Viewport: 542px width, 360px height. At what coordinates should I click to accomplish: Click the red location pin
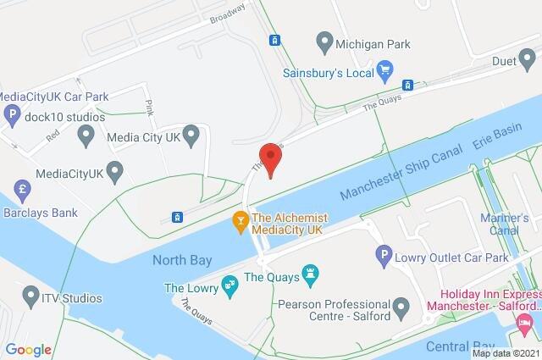click(x=269, y=158)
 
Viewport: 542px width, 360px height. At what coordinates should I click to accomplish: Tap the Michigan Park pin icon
click(x=323, y=41)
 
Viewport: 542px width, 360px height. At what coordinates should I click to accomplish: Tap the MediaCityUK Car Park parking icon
click(x=12, y=114)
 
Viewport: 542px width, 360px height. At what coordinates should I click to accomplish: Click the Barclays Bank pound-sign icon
click(x=20, y=188)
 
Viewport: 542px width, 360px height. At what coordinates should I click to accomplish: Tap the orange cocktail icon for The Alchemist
click(x=241, y=223)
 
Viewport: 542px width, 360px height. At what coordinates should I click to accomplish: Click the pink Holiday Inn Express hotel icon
click(x=525, y=324)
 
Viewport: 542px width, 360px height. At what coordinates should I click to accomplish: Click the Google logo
click(x=28, y=349)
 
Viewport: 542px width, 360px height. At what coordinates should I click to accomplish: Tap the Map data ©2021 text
click(x=505, y=353)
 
